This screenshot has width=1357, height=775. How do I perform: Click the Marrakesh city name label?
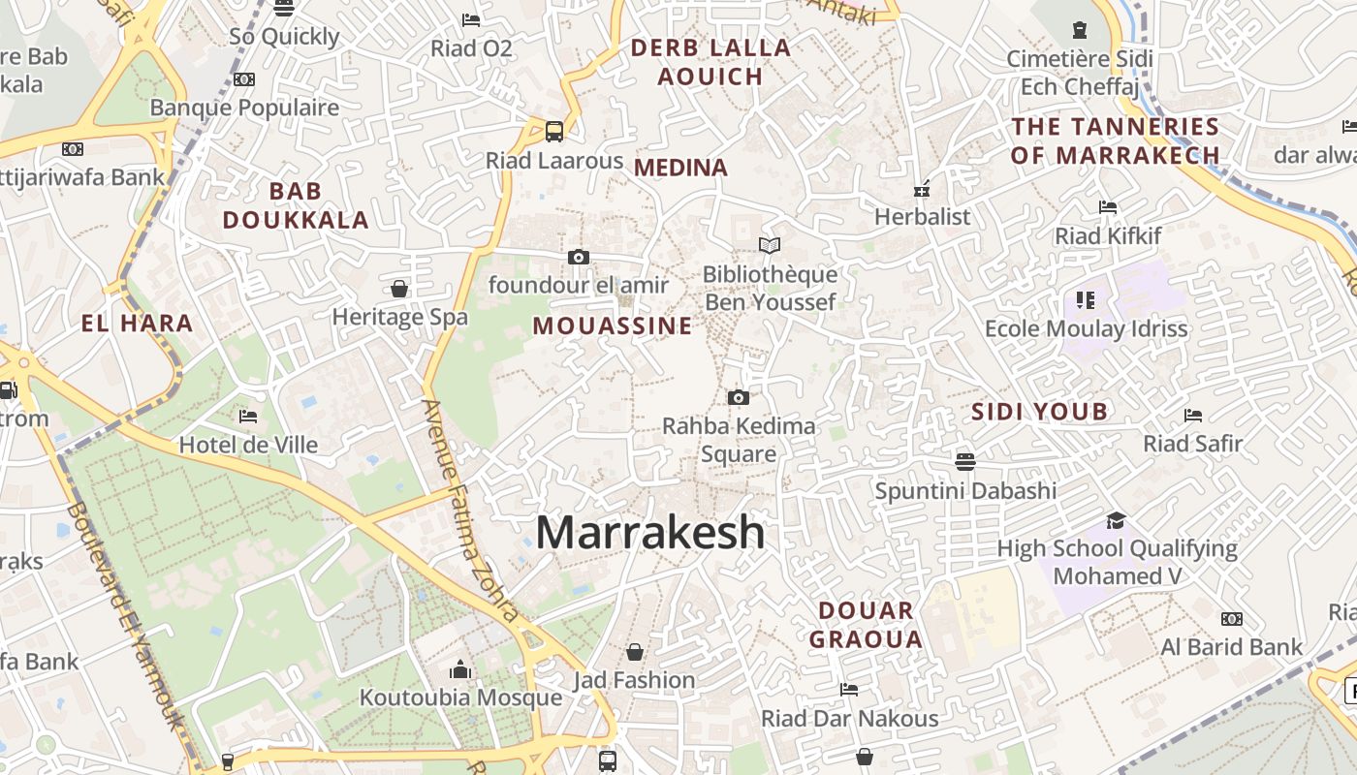(650, 532)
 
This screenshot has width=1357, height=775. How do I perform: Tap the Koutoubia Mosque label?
(460, 697)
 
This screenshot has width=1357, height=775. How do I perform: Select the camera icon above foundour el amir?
(579, 257)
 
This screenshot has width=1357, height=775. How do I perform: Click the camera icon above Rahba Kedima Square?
(739, 397)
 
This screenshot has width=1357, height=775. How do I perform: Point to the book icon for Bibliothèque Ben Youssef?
(770, 246)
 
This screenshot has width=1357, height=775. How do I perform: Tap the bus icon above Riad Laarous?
(554, 131)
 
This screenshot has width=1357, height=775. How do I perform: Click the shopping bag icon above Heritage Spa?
(399, 289)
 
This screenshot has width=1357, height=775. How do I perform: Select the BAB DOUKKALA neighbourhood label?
(296, 205)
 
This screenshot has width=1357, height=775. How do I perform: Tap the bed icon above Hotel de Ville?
(248, 417)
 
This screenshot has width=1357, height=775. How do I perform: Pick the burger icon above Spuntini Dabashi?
(964, 461)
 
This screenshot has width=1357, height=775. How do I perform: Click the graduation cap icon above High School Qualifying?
(1116, 520)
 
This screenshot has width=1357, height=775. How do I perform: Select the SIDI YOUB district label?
(1040, 412)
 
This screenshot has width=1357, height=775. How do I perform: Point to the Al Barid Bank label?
(1232, 647)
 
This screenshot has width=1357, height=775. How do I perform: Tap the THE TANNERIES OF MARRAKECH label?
(1115, 140)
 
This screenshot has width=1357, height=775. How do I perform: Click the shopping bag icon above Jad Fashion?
(635, 652)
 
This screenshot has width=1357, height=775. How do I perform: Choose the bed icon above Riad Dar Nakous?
(849, 690)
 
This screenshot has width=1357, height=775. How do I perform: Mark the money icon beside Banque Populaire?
(244, 79)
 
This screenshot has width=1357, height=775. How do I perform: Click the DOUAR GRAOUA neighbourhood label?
(866, 625)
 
